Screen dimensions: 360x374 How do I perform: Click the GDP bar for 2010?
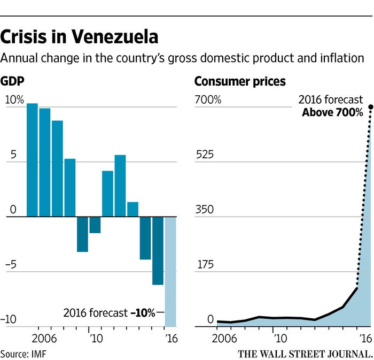coord(95,225)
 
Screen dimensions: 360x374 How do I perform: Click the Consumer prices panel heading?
coord(240,81)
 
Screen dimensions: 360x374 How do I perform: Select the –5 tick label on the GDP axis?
coord(13,264)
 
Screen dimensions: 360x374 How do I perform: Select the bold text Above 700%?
coord(332,113)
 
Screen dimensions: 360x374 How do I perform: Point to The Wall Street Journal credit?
coord(305,353)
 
